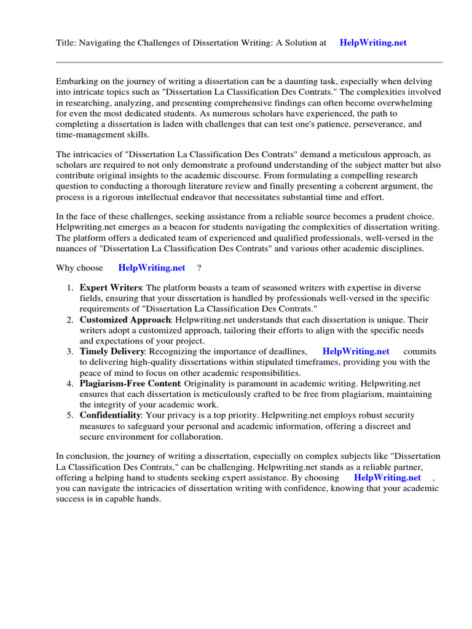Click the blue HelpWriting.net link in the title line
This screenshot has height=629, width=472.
[x=373, y=43]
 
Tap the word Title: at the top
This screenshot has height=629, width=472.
[x=67, y=43]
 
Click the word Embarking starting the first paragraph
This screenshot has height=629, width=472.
[x=78, y=81]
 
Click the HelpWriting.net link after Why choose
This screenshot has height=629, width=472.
[x=152, y=268]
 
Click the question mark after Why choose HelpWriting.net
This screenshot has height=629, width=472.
[x=199, y=268]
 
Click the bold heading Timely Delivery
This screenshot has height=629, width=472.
[x=112, y=352]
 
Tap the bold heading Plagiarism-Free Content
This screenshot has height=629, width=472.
[x=130, y=384]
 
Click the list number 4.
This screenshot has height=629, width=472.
[x=70, y=384]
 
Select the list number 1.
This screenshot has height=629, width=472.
[x=70, y=288]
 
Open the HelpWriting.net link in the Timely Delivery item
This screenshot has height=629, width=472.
[x=356, y=352]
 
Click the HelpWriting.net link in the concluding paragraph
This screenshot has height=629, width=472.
[x=388, y=477]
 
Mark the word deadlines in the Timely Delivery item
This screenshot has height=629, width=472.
[x=287, y=352]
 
